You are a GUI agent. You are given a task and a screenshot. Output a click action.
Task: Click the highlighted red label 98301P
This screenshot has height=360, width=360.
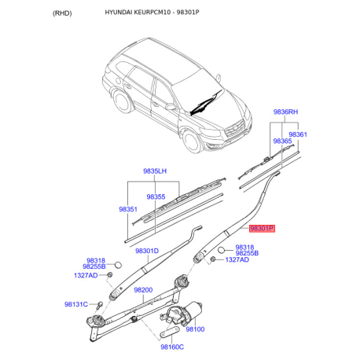coord(262,229)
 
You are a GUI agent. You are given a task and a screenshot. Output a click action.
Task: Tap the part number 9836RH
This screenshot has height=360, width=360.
coord(285,112)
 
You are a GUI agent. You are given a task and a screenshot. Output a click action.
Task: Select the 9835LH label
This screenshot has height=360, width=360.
coord(155,171)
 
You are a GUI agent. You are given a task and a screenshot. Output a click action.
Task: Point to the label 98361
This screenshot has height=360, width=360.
coord(298,134)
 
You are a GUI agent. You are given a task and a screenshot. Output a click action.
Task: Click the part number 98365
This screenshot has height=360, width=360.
coord(282,141)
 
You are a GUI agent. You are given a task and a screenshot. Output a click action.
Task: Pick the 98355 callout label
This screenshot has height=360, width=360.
coord(156,197)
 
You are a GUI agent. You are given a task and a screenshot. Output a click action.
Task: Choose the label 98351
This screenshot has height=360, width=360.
coord(128,209)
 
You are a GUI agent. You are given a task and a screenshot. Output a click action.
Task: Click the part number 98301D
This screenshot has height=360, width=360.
coord(147,251)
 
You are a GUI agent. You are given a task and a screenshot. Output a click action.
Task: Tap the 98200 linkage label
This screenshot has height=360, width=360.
coord(143,290)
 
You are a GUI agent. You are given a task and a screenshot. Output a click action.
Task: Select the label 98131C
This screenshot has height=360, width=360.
coord(76,304)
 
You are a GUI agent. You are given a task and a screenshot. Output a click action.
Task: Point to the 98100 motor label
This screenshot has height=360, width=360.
coord(195,329)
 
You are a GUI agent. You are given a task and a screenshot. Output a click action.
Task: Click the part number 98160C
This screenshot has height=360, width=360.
coord(172,347)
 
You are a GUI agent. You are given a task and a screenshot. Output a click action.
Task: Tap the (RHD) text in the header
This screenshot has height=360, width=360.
coord(62,13)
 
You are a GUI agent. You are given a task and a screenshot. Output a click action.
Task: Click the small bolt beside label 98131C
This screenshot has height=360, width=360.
coord(100,305)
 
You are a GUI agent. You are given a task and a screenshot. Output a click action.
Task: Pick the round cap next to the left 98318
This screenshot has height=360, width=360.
coord(119,265)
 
